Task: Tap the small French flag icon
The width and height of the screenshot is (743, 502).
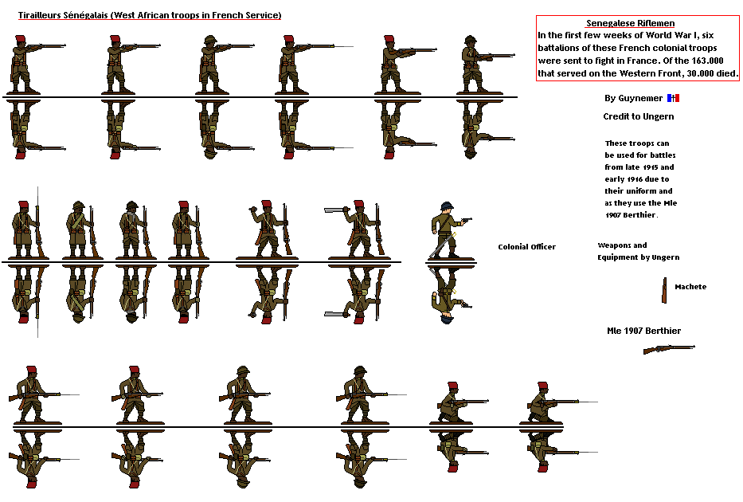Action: [x=674, y=98]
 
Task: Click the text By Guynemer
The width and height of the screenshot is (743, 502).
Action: [x=632, y=99]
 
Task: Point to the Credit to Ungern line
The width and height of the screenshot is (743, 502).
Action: [x=638, y=116]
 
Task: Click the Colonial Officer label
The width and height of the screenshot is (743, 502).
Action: [x=526, y=247]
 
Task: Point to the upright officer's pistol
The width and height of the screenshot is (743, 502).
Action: [x=467, y=219]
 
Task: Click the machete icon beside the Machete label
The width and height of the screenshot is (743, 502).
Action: [x=664, y=290]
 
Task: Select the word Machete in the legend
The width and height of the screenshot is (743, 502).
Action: [x=690, y=287]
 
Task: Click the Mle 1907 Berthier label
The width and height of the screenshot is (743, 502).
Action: [x=643, y=331]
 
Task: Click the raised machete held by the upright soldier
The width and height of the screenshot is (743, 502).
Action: [x=334, y=210]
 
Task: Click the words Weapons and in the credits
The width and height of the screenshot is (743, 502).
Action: [x=622, y=245]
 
